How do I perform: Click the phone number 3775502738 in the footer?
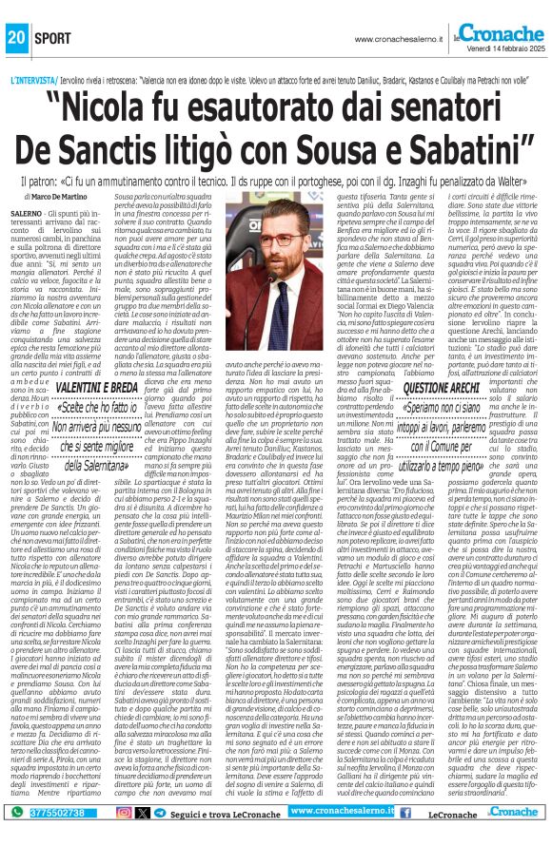coord(49,812)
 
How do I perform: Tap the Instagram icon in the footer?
coord(125,812)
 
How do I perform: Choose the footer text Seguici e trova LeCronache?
coord(227,813)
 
